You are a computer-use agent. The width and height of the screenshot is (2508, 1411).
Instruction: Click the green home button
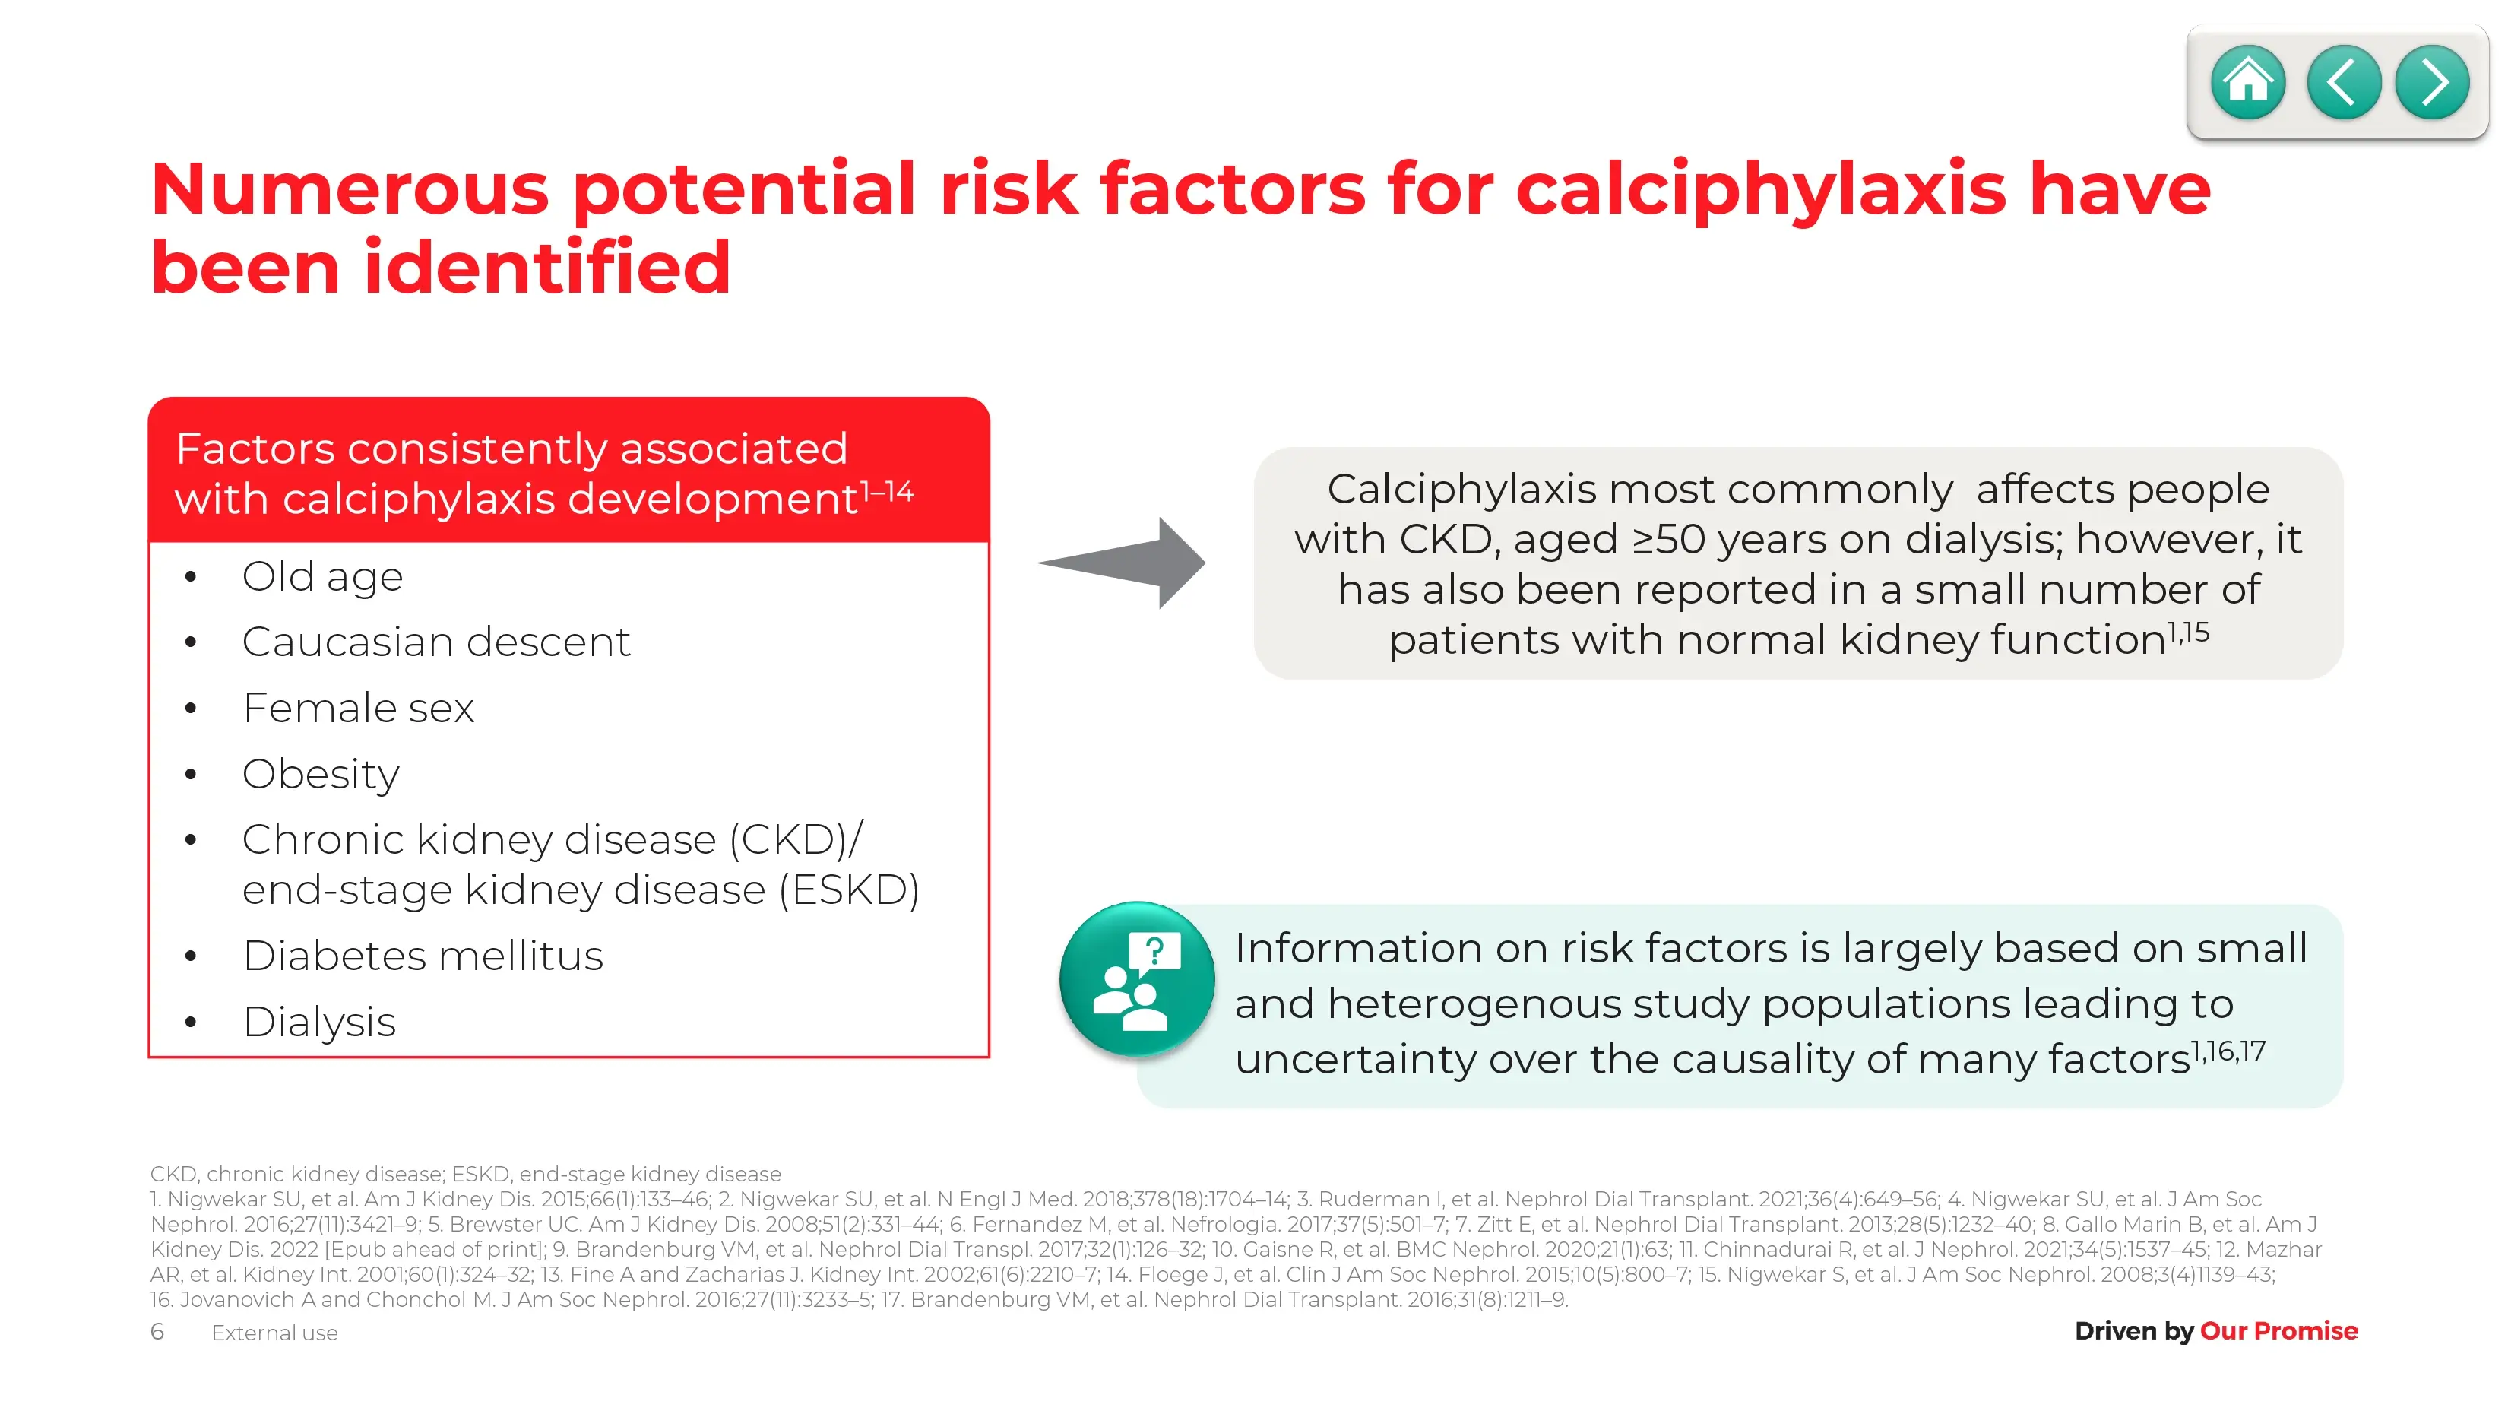tap(2248, 82)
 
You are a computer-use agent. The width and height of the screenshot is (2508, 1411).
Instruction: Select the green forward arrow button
tap(2432, 82)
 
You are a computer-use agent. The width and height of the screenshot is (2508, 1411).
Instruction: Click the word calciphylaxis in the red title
tap(1760, 190)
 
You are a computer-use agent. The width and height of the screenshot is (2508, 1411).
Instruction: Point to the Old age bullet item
tap(322, 576)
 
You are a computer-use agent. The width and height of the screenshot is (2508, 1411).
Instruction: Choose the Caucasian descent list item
tap(436, 642)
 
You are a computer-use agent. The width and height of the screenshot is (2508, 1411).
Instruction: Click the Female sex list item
tap(358, 708)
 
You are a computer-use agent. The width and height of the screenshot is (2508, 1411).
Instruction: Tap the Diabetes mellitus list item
tap(423, 956)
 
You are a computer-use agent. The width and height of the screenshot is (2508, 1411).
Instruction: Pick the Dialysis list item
tap(319, 1023)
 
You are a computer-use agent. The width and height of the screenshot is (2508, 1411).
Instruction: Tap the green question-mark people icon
tap(1136, 978)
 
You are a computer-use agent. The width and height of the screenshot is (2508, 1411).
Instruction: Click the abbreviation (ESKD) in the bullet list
tap(849, 890)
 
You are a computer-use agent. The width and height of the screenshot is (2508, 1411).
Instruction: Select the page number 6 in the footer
tap(157, 1331)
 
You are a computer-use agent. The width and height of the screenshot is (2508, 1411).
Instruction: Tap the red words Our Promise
tap(2278, 1330)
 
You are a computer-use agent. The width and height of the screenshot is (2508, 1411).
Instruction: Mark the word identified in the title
tap(547, 268)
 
